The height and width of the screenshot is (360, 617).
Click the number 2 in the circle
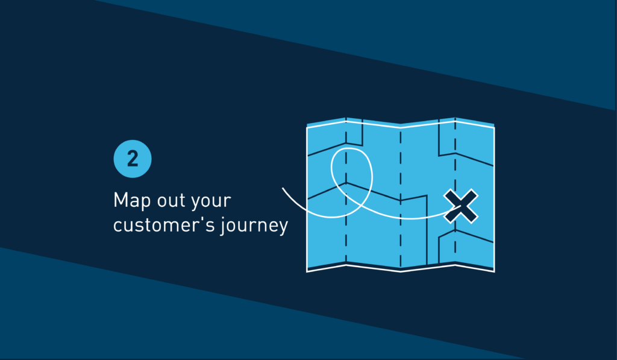133,159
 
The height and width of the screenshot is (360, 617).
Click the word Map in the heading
132,201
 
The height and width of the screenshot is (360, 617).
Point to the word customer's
164,226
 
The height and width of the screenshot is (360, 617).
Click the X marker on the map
461,206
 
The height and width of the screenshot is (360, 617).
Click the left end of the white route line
283,188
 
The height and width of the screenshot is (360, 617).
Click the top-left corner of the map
307,127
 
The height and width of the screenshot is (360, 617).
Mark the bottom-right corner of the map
494,271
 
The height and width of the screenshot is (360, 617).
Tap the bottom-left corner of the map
307,271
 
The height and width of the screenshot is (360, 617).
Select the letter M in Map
120,200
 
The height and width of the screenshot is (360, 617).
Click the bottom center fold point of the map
401,271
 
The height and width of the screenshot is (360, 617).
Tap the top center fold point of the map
401,127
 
